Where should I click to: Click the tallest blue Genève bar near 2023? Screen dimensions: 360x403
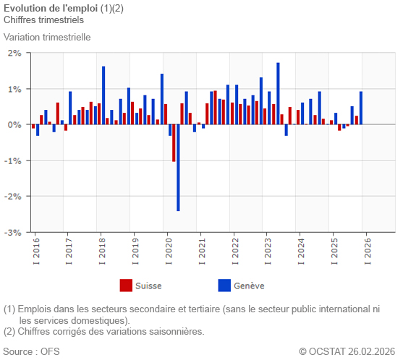pos(278,93)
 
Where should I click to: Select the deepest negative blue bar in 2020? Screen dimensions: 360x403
pos(178,168)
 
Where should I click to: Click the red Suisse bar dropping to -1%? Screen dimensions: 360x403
pos(174,142)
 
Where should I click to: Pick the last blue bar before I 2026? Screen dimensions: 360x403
pos(361,108)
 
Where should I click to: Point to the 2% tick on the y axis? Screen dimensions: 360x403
pos(14,53)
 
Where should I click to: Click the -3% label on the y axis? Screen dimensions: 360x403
pos(13,233)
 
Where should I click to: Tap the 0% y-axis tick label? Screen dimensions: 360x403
pos(14,125)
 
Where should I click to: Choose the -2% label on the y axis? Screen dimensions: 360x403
pos(13,197)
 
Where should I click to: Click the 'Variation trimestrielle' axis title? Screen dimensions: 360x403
pos(47,37)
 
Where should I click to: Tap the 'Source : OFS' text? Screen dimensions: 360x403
pos(32,352)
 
